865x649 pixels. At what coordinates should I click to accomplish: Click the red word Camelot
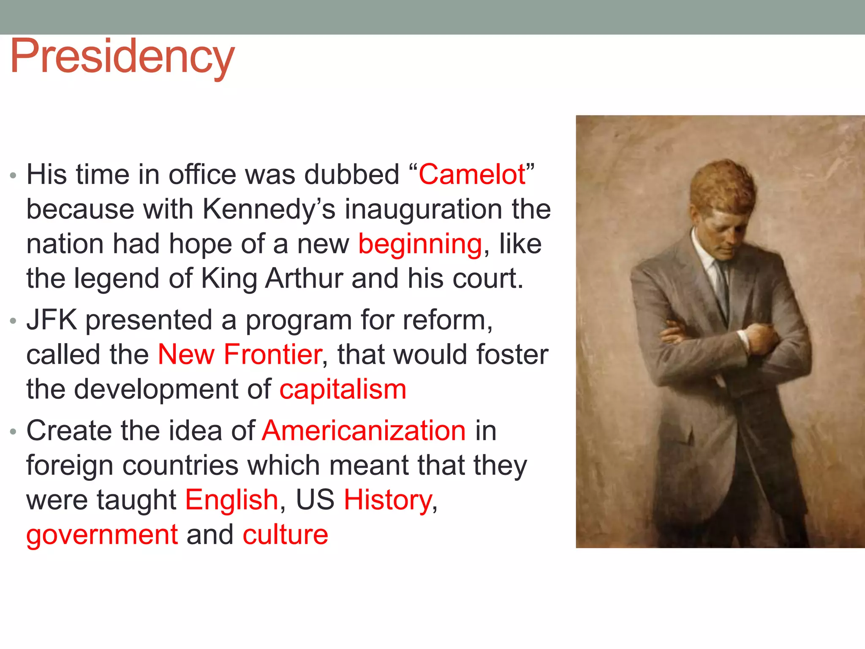point(472,175)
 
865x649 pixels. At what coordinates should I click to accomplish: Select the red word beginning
point(420,245)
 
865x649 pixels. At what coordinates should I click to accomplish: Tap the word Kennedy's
point(269,210)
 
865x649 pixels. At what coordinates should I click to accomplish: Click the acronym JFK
point(52,320)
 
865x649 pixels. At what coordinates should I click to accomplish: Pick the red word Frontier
point(273,354)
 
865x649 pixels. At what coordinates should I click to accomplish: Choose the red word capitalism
point(343,389)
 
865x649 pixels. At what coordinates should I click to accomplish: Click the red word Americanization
point(364,431)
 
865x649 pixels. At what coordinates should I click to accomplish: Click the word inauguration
point(424,210)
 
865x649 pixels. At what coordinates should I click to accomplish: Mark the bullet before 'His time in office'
point(13,175)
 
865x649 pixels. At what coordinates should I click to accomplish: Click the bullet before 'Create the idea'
point(13,432)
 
